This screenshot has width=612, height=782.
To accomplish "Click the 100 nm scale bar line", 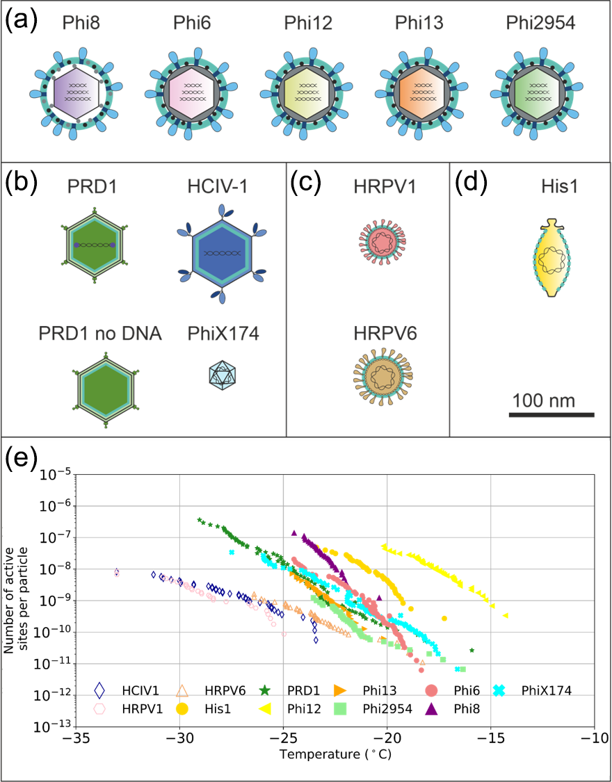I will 551,415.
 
